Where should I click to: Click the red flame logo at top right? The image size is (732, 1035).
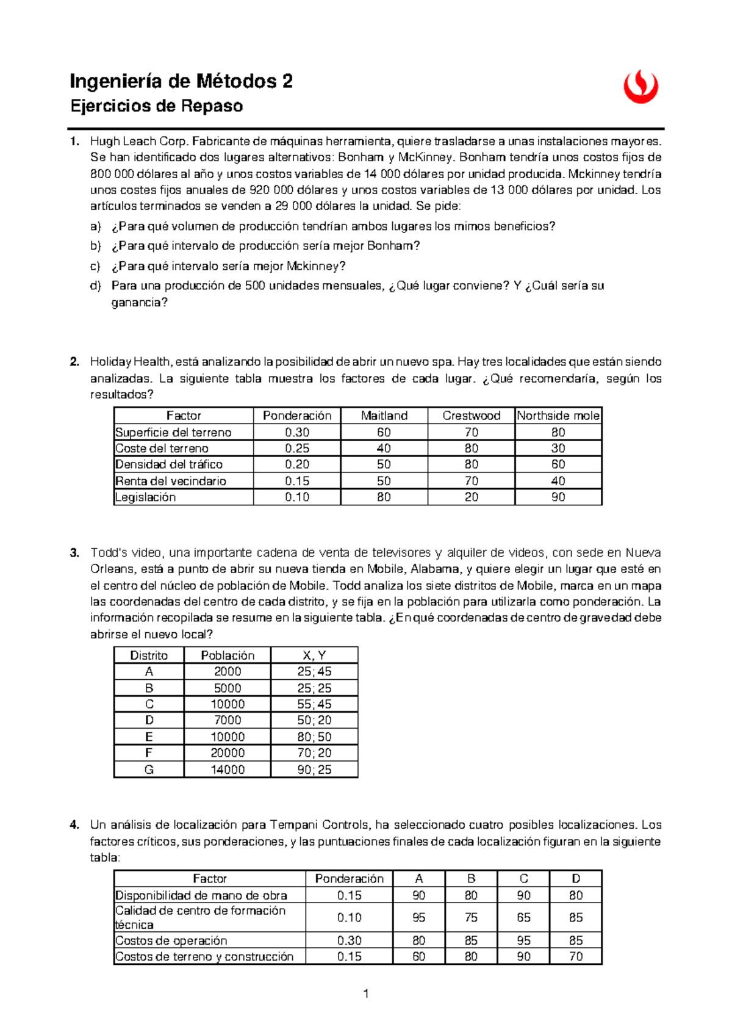coord(640,87)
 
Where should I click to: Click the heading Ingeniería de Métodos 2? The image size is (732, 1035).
coord(181,81)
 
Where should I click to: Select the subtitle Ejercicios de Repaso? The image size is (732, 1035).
coord(157,106)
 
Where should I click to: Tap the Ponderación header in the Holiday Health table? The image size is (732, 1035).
coord(297,416)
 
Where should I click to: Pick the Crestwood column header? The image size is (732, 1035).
coord(471,416)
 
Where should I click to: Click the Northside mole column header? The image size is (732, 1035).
coord(558,416)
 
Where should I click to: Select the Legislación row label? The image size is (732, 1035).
coord(146,497)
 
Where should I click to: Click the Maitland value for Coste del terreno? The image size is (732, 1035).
coord(384,449)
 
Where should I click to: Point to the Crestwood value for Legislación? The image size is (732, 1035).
coord(471,497)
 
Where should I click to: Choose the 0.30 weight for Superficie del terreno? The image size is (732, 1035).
coord(297,432)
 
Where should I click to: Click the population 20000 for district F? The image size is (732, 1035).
coord(228,753)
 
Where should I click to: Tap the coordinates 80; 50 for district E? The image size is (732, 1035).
coord(314,737)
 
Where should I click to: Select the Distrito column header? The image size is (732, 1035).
coord(149,655)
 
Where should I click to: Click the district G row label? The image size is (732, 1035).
coord(149,770)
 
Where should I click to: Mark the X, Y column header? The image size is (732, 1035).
coord(314,655)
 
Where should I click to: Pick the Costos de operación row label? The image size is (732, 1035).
coord(171,940)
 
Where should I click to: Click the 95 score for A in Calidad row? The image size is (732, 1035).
coord(418,918)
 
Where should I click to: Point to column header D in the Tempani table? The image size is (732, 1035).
coord(576,879)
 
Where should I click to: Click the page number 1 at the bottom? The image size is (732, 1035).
coord(366,994)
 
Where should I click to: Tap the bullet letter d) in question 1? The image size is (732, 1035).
coord(95,286)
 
